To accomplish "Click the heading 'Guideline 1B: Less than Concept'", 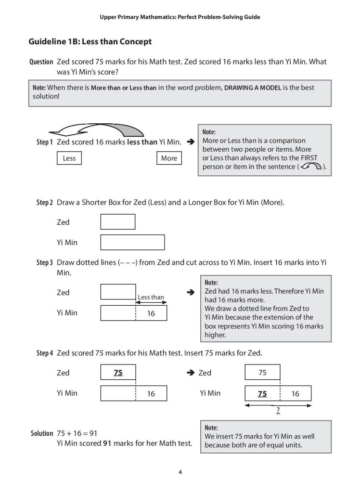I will click(90, 41).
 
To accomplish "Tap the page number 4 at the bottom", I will click(180, 472).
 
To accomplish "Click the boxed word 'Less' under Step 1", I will click(69, 158).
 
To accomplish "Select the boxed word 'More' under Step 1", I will click(169, 158).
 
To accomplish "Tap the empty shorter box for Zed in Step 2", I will click(117, 222).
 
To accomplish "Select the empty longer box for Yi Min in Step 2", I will click(132, 242).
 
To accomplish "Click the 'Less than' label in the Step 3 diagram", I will click(151, 297).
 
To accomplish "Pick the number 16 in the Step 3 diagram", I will click(151, 313).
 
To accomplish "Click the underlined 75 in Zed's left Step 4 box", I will click(118, 373).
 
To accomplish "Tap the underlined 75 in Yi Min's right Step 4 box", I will click(262, 394).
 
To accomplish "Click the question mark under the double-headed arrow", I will click(278, 412).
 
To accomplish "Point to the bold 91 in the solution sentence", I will click(108, 443).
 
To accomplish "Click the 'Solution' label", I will click(42, 433).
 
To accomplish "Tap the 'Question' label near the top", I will click(41, 62).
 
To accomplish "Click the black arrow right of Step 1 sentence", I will click(190, 143).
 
